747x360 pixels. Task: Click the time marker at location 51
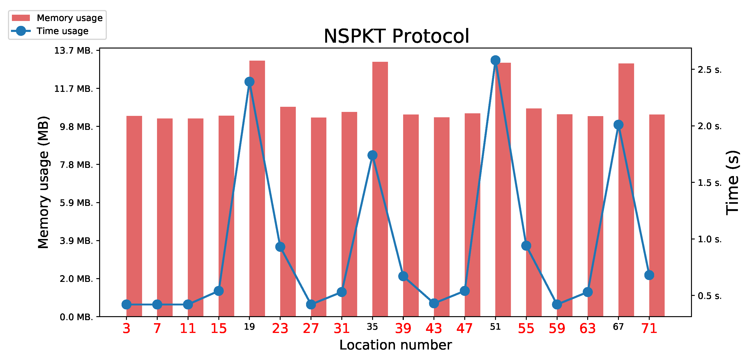(x=495, y=60)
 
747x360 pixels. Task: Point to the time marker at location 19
(x=249, y=82)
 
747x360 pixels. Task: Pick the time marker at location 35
(x=372, y=155)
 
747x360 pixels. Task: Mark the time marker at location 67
(x=618, y=125)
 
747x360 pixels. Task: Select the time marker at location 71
(x=649, y=275)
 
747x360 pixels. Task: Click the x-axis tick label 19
(x=249, y=327)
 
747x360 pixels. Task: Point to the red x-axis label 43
(x=434, y=328)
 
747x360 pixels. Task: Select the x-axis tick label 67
(x=618, y=327)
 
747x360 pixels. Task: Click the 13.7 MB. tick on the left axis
(x=74, y=51)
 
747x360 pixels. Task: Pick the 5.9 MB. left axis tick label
(x=76, y=203)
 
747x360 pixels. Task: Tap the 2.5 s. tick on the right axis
(x=709, y=70)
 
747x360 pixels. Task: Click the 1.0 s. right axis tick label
(x=709, y=239)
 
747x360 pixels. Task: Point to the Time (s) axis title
(x=733, y=183)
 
